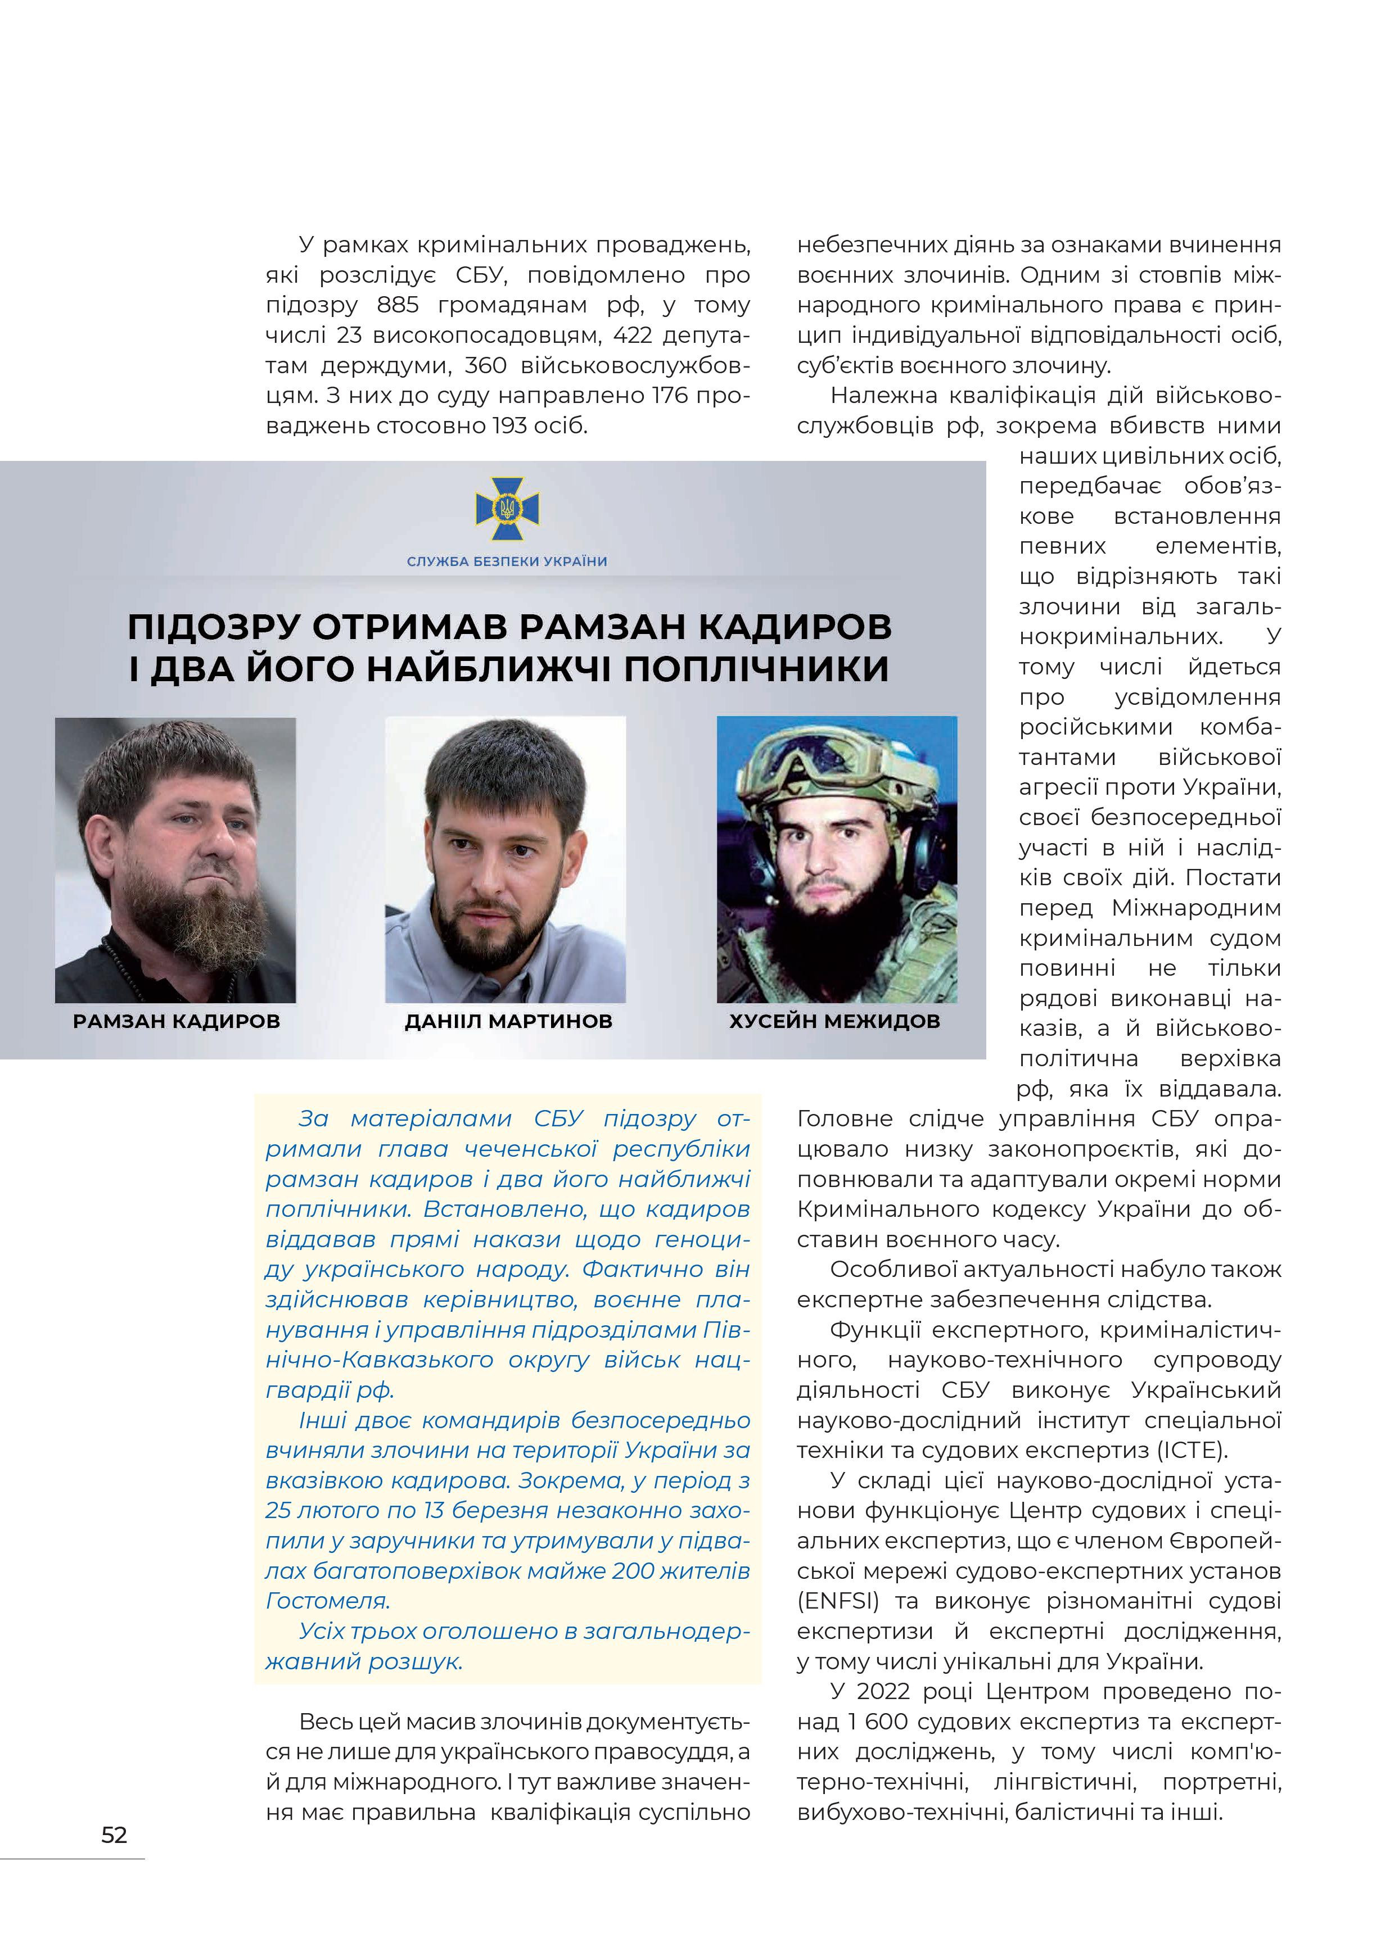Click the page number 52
(x=114, y=1835)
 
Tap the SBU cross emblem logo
(x=507, y=509)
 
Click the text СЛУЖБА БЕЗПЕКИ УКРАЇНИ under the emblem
(x=507, y=561)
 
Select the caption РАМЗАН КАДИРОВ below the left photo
(x=176, y=1021)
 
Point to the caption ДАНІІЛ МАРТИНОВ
(x=508, y=1021)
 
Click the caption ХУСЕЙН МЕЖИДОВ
(x=834, y=1021)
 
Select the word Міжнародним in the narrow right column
(x=1195, y=908)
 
